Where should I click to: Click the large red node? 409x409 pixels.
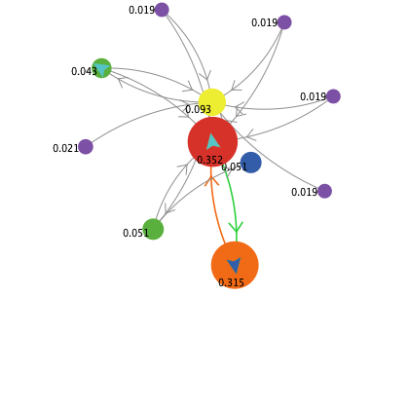point(212,142)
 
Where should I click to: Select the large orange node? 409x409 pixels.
point(235,265)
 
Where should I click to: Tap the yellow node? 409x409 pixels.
point(212,102)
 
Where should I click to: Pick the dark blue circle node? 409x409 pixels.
point(251,163)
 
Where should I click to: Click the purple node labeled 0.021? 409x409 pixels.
point(86,147)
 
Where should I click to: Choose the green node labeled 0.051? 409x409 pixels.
point(153,229)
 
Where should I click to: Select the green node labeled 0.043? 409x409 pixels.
point(101,68)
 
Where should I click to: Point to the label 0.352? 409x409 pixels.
point(209,160)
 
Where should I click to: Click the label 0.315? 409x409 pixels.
point(231,282)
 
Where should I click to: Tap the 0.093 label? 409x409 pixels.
point(198,109)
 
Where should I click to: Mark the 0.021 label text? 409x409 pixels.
point(65,148)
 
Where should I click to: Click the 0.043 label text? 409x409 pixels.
point(84,71)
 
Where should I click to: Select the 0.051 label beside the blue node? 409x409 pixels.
point(234,167)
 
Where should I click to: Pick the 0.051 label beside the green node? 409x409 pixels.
point(135,233)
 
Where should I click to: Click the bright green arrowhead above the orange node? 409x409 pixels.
point(236,227)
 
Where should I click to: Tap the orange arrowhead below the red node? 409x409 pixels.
point(211,181)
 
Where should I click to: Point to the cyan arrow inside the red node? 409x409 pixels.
point(212,141)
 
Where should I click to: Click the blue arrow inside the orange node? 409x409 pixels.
point(234,265)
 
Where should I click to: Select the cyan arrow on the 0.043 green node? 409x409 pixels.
point(101,70)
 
